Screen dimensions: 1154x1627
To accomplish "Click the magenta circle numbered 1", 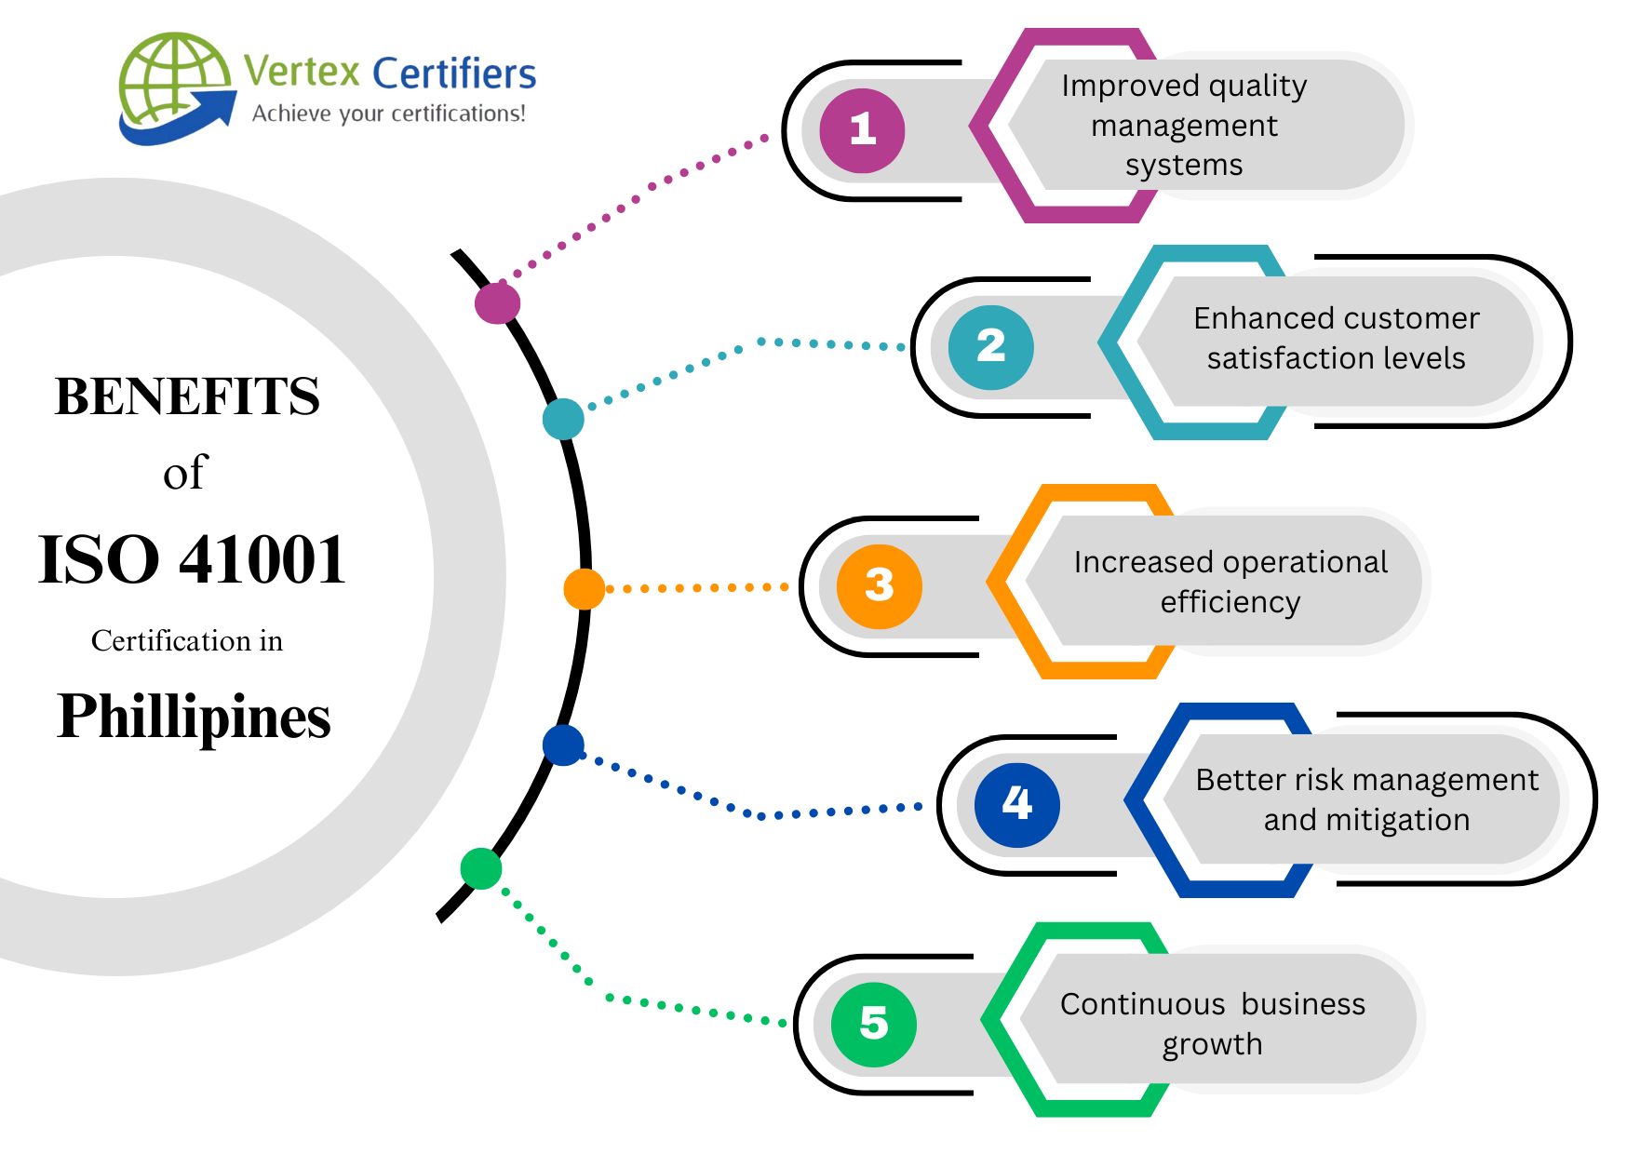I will click(862, 130).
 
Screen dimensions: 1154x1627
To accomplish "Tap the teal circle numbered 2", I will click(990, 347).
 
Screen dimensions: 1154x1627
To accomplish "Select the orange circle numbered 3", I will click(879, 586).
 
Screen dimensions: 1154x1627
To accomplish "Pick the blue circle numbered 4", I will click(1016, 804).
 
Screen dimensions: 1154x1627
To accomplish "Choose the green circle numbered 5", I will click(873, 1024).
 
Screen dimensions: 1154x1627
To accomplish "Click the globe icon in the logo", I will click(175, 87).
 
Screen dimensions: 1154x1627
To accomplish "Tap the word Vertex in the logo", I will click(302, 72).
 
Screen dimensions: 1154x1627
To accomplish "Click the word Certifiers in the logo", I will click(454, 74).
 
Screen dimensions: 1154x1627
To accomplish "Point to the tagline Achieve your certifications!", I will click(389, 114).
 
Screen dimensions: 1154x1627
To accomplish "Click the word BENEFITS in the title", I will click(187, 396).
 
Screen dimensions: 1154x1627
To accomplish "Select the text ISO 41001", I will click(192, 560).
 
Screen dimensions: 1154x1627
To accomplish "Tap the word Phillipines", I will click(194, 717).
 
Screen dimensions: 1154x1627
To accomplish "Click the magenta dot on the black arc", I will click(497, 302).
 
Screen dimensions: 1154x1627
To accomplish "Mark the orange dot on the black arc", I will click(584, 589).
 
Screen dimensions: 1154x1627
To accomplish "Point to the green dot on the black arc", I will click(481, 868).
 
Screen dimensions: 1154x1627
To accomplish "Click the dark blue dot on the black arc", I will click(563, 745).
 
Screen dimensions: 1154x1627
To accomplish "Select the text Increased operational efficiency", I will click(1230, 582).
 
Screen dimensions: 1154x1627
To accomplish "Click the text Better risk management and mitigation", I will click(1366, 799).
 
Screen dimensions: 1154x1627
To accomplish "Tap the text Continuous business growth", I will click(1212, 1024).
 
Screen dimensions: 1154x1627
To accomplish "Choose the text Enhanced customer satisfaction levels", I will click(1336, 338).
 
